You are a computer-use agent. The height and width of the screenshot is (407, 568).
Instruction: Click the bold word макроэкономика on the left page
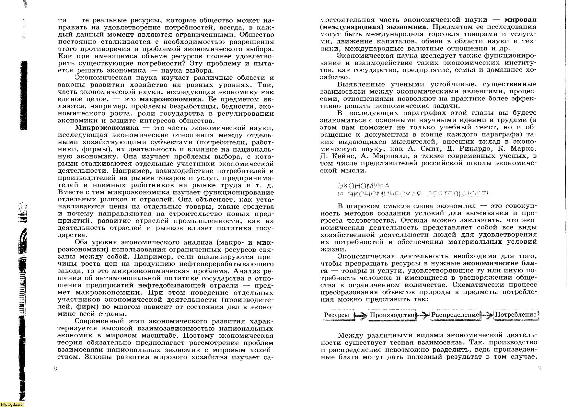pyautogui.click(x=170, y=99)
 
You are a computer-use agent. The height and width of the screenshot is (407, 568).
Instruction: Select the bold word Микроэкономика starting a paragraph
pyautogui.click(x=107, y=128)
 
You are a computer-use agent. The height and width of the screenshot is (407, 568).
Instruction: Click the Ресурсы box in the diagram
pyautogui.click(x=337, y=315)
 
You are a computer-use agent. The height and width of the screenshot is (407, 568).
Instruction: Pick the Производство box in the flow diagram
pyautogui.click(x=392, y=315)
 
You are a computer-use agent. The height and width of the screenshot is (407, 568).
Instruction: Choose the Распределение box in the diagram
pyautogui.click(x=455, y=315)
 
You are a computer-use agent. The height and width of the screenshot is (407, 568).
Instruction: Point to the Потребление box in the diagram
pyautogui.click(x=516, y=315)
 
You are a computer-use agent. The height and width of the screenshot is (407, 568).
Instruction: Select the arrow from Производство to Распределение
pyautogui.click(x=423, y=315)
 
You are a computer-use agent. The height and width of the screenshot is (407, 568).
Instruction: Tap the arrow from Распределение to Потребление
pyautogui.click(x=487, y=315)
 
